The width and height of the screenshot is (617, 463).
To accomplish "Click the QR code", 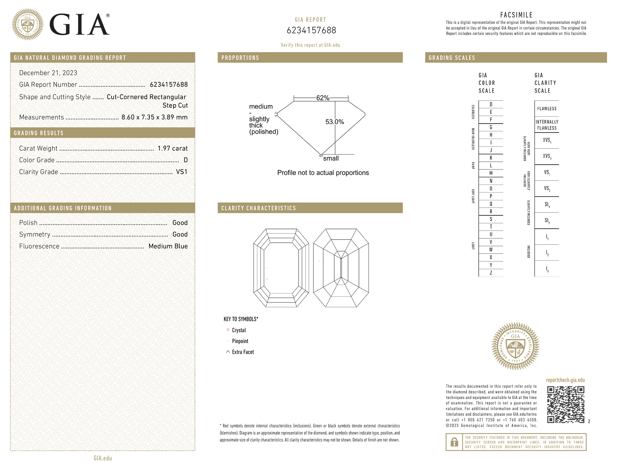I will pyautogui.click(x=566, y=404).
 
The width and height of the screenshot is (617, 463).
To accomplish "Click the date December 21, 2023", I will pyautogui.click(x=48, y=73).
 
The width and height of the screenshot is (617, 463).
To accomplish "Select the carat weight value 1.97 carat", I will pyautogui.click(x=172, y=148).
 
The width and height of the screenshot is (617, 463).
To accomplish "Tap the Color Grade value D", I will pyautogui.click(x=185, y=160).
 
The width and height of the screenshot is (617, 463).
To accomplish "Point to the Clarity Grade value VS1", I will pyautogui.click(x=181, y=172).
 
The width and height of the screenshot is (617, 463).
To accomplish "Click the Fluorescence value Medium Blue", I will pyautogui.click(x=168, y=246).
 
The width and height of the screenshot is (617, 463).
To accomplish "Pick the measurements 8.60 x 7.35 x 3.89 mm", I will pyautogui.click(x=154, y=117).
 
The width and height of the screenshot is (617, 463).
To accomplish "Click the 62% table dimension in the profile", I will pyautogui.click(x=323, y=98).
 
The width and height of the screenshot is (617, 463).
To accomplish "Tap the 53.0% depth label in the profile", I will pyautogui.click(x=335, y=122).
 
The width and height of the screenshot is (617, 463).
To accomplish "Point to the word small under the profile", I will pyautogui.click(x=331, y=159).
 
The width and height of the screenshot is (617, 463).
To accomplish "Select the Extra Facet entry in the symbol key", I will pyautogui.click(x=243, y=352).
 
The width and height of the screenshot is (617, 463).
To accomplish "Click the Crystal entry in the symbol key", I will pyautogui.click(x=239, y=330).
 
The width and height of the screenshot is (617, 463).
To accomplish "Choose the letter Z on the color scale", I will pyautogui.click(x=491, y=273).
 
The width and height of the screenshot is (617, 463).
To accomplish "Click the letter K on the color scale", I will pyautogui.click(x=491, y=158).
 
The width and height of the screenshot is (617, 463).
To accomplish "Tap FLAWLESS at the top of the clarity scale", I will pyautogui.click(x=547, y=109).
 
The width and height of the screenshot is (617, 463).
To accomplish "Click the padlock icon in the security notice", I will pyautogui.click(x=454, y=442).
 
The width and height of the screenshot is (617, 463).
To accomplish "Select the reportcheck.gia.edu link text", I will pyautogui.click(x=565, y=380).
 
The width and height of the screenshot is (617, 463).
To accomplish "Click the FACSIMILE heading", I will pyautogui.click(x=516, y=15).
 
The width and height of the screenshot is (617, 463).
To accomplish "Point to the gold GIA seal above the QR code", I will pyautogui.click(x=515, y=346).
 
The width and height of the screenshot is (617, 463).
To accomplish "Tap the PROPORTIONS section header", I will pyautogui.click(x=240, y=58).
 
